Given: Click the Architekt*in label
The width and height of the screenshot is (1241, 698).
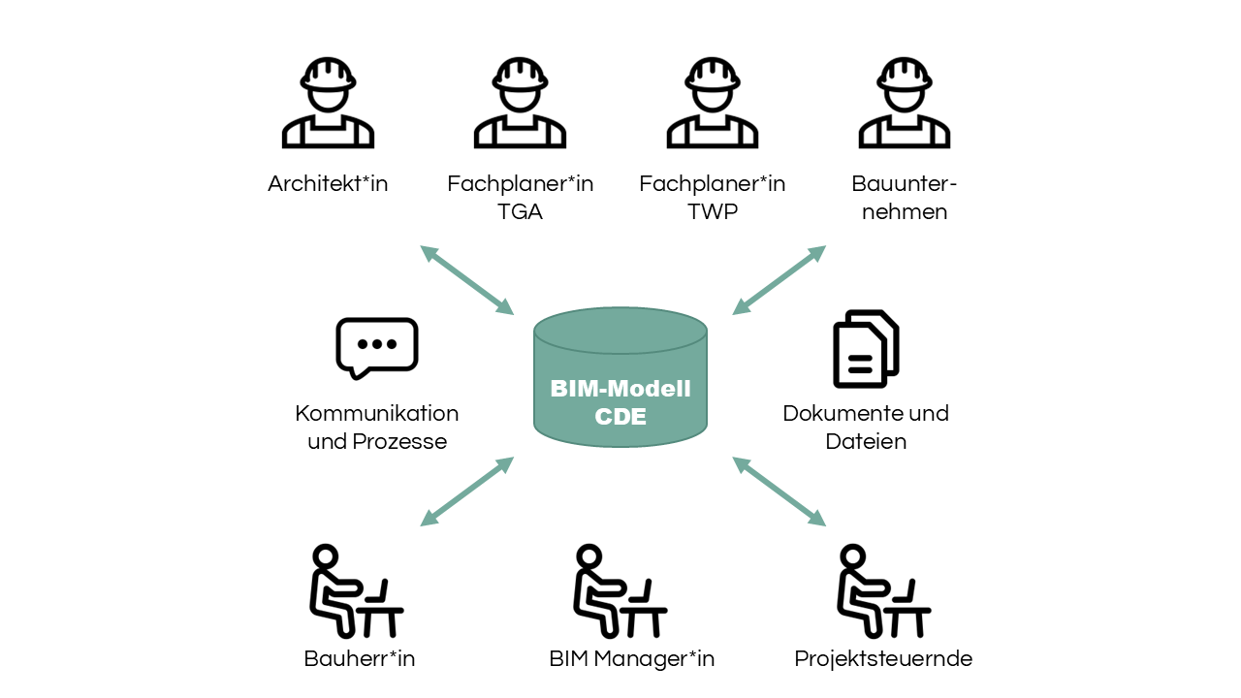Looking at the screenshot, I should tap(328, 183).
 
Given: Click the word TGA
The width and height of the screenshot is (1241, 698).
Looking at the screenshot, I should tap(520, 211).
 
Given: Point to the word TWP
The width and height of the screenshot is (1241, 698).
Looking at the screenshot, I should tap(712, 211).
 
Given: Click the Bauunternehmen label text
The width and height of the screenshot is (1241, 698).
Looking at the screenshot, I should tap(904, 197).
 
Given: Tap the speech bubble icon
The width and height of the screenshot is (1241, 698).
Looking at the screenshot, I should tap(377, 347).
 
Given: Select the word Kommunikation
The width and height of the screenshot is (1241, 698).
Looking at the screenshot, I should tap(377, 414).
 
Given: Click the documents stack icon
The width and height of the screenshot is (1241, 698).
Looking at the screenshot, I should tap(866, 349).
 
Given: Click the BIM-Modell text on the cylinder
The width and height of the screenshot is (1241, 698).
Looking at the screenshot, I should tap(620, 390).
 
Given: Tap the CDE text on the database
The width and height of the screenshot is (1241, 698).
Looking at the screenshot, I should tap(620, 417).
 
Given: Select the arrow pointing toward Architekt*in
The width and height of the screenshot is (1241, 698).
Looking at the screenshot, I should tap(466, 280).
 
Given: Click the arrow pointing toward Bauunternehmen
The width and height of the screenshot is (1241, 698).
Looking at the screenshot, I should tap(779, 280).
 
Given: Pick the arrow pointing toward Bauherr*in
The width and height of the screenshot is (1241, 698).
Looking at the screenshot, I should tap(466, 492).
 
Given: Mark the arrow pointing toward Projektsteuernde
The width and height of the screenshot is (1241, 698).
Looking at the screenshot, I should tap(779, 492).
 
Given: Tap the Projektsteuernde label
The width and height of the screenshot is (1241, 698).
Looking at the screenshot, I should tap(883, 659).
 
